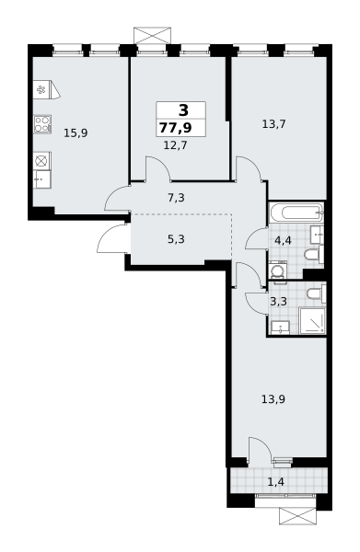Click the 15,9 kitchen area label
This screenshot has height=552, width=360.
75,133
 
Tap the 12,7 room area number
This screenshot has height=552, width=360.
176,144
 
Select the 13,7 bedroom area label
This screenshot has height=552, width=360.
274,124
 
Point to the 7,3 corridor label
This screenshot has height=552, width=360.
176,198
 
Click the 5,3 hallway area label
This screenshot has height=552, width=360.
176,239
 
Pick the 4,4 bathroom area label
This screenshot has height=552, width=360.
283,241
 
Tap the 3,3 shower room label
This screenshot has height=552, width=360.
279,302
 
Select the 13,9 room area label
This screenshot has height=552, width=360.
273,399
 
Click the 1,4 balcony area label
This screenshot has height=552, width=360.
276,481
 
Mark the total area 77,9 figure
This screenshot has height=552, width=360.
176,128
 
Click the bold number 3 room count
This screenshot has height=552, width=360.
183,110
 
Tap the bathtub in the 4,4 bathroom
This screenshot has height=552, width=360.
296,213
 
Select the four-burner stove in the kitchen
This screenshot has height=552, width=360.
42,124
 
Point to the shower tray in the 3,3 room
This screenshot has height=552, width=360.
312,320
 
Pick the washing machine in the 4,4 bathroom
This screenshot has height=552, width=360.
277,271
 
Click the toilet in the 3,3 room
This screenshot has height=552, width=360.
317,293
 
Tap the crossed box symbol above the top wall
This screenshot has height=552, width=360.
152,36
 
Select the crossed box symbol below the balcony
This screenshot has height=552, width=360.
298,516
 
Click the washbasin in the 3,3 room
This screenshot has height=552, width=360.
280,328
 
